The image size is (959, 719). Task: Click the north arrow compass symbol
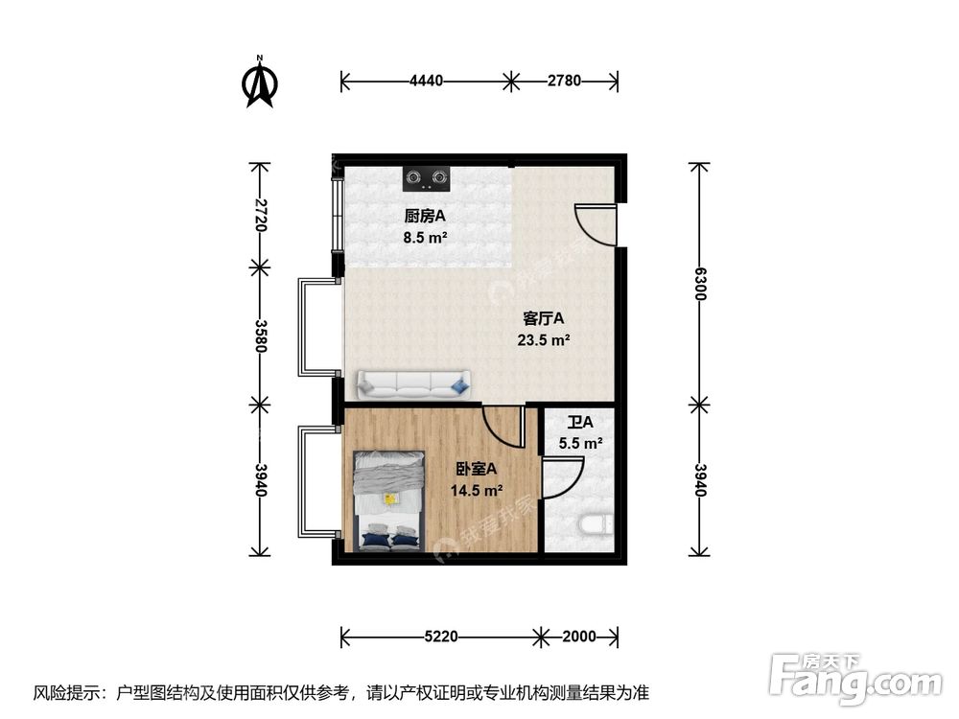click(259, 83)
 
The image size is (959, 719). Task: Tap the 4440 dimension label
click(427, 81)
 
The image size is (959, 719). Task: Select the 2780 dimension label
click(564, 81)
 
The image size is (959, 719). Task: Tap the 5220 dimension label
click(441, 636)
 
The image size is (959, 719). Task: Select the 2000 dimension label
click(578, 636)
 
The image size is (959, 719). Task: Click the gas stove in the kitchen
click(427, 176)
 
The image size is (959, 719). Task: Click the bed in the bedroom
click(389, 501)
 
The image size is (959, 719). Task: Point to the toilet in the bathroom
click(596, 526)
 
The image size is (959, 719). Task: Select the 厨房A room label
click(425, 216)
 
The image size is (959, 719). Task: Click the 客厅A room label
click(543, 317)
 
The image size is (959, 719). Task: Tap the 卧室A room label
click(477, 470)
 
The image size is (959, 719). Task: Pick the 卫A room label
click(580, 423)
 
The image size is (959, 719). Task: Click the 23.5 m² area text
click(545, 338)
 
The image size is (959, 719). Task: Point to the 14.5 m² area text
click(477, 491)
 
